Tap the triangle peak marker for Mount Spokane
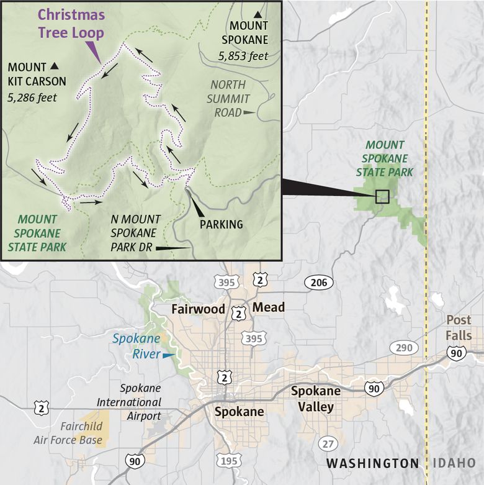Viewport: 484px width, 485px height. [x=258, y=14]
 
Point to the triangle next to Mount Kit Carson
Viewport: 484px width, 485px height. [x=55, y=66]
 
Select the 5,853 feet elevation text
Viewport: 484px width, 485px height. [x=243, y=56]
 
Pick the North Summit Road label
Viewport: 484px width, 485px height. [x=228, y=98]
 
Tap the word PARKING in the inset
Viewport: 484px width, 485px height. [x=221, y=224]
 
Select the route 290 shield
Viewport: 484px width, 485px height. [x=403, y=347]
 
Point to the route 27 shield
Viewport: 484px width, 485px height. [x=328, y=443]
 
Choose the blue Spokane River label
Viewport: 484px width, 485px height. [x=136, y=347]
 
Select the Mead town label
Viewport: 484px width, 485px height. [x=269, y=307]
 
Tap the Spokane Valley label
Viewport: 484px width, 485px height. [x=316, y=399]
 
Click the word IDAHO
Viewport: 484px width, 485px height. [x=454, y=463]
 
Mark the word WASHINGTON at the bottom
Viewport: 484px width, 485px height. [x=372, y=463]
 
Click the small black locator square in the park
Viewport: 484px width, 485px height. [x=382, y=196]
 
